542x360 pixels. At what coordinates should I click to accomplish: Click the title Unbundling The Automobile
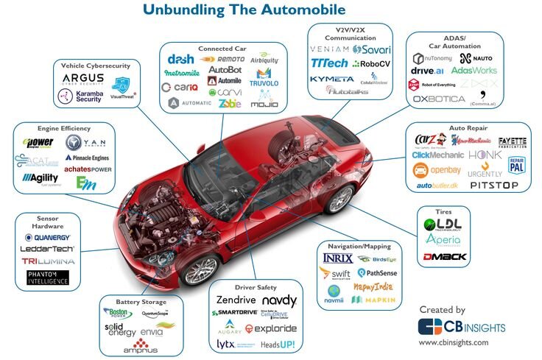click(x=244, y=10)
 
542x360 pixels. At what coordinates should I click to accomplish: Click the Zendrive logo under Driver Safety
click(x=236, y=301)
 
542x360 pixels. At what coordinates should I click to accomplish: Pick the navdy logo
click(x=280, y=301)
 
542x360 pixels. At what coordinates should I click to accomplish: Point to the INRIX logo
click(x=338, y=258)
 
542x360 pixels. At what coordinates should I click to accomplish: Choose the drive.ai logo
click(x=428, y=71)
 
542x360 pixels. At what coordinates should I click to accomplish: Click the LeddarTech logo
click(x=47, y=248)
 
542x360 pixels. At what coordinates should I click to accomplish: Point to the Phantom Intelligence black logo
click(x=47, y=278)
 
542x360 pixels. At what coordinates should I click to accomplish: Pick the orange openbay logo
click(x=436, y=171)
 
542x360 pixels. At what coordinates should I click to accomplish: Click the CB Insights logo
click(x=453, y=326)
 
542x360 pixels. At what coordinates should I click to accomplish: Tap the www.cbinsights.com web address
click(x=453, y=343)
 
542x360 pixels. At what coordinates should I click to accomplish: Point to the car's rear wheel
click(x=340, y=199)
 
